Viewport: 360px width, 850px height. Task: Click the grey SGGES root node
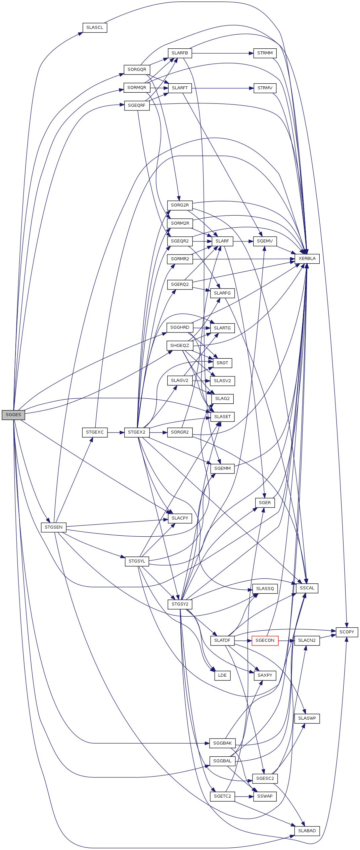pyautogui.click(x=13, y=415)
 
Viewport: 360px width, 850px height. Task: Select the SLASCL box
pyautogui.click(x=95, y=28)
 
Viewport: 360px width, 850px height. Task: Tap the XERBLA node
pyautogui.click(x=307, y=259)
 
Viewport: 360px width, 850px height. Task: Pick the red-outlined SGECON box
pyautogui.click(x=265, y=640)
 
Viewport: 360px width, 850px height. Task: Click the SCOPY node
pyautogui.click(x=347, y=632)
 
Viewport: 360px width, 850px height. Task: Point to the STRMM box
pyautogui.click(x=265, y=53)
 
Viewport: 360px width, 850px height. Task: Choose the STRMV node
pyautogui.click(x=265, y=88)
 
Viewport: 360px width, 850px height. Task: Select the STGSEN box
pyautogui.click(x=54, y=527)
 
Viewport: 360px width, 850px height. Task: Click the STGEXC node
pyautogui.click(x=95, y=432)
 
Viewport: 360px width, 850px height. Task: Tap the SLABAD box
pyautogui.click(x=307, y=831)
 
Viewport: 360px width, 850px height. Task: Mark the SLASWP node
pyautogui.click(x=307, y=718)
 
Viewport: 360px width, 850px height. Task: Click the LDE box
pyautogui.click(x=222, y=675)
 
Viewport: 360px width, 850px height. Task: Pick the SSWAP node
pyautogui.click(x=265, y=796)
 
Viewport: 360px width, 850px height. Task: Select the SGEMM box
pyautogui.click(x=222, y=468)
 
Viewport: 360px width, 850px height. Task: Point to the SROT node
pyautogui.click(x=222, y=363)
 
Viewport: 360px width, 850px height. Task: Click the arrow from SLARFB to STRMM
pyautogui.click(x=223, y=53)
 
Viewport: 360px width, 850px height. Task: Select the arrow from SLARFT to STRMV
pyautogui.click(x=223, y=88)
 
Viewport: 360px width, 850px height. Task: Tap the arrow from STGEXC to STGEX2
pyautogui.click(x=116, y=432)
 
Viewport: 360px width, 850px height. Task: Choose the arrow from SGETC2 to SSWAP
pyautogui.click(x=244, y=796)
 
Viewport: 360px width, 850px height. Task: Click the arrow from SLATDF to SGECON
pyautogui.click(x=243, y=640)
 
